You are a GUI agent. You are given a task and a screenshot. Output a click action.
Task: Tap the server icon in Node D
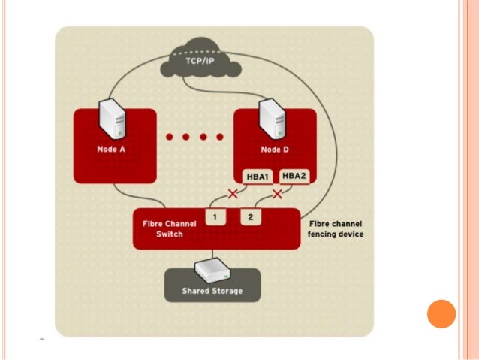click(x=273, y=118)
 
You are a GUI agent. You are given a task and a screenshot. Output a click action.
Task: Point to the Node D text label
click(x=273, y=150)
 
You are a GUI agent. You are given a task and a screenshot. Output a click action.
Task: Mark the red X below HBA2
click(x=278, y=195)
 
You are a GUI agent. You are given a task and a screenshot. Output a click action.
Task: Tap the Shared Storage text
click(x=212, y=291)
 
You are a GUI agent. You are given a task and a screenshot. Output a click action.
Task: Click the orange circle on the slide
click(x=441, y=314)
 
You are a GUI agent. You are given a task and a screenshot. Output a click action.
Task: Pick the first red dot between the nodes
click(x=170, y=138)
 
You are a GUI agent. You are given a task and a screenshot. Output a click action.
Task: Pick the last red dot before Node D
click(x=219, y=138)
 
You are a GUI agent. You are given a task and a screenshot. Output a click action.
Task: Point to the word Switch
click(x=169, y=234)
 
